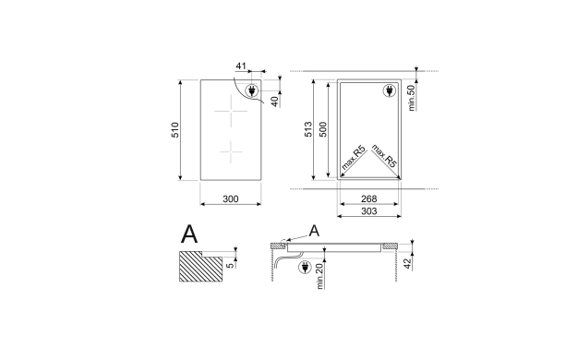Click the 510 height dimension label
[175, 130]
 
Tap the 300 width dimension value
[231, 199]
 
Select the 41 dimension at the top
[241, 66]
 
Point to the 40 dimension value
[275, 102]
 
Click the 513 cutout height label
[308, 129]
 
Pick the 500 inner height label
[323, 129]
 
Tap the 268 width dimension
[368, 199]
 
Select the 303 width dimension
[368, 211]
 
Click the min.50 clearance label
[412, 98]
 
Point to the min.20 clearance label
[319, 276]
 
